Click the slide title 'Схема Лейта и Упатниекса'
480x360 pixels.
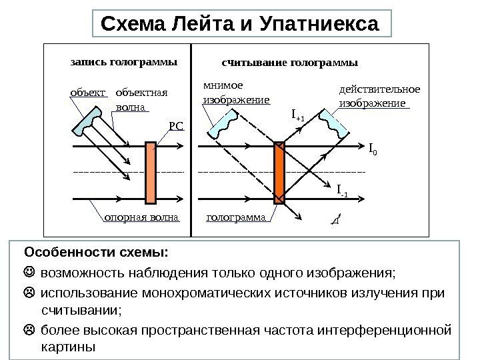(x=239, y=24)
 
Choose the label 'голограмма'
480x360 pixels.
(x=237, y=217)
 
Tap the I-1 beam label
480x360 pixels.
(x=342, y=193)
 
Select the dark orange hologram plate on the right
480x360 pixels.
(x=279, y=173)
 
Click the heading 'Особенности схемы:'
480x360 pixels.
(x=97, y=254)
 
